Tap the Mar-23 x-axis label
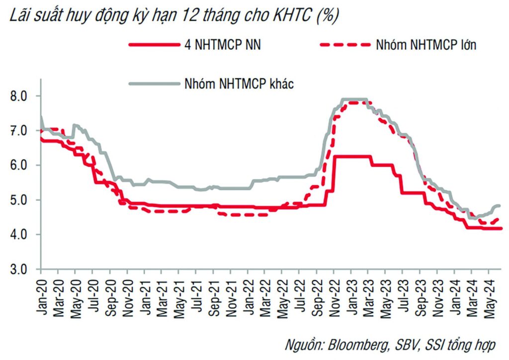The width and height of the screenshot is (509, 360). click(x=368, y=296)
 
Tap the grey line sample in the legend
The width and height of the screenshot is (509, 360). click(x=153, y=84)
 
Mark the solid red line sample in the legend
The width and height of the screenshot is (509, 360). click(x=153, y=45)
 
